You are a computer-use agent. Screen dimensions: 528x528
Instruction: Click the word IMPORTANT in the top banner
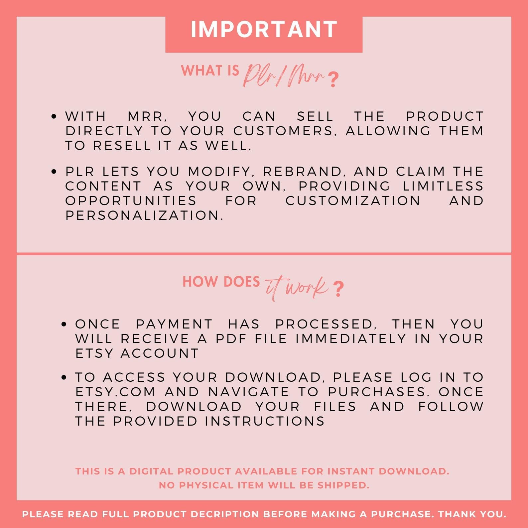[264, 30]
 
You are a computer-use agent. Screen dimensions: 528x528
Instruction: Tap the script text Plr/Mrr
[284, 76]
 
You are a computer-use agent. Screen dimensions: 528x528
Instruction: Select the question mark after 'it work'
[338, 289]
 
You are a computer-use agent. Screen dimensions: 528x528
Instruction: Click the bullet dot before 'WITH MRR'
[55, 117]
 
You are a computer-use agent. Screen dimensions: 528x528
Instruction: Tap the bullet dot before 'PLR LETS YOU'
[55, 172]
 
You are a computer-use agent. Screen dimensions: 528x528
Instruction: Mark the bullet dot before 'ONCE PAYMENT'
[65, 325]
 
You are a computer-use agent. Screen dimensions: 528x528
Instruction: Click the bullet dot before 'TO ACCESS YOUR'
[65, 378]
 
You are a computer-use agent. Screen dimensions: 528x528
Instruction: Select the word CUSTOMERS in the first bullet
[283, 131]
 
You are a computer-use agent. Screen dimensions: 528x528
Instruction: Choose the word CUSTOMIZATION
[353, 201]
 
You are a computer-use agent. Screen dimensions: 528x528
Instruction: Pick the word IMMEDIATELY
[351, 339]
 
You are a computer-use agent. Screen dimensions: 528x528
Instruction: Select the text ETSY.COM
[115, 392]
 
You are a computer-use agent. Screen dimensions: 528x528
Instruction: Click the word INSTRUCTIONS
[265, 421]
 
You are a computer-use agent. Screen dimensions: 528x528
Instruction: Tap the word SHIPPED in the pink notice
[343, 485]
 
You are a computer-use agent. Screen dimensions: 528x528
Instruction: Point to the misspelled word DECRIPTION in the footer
[225, 514]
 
